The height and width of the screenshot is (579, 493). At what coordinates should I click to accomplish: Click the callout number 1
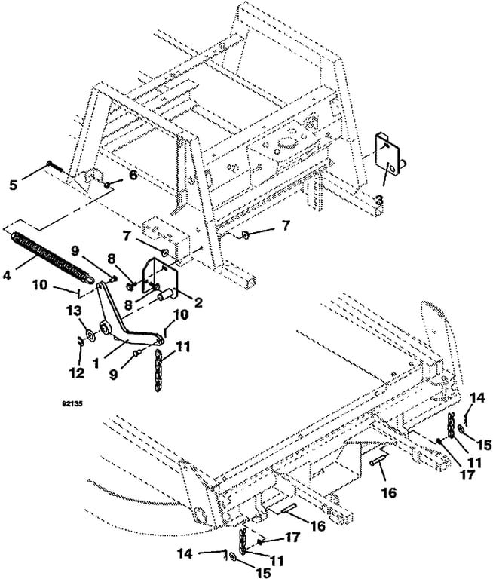pyautogui.click(x=96, y=363)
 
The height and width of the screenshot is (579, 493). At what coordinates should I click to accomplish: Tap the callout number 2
pyautogui.click(x=198, y=303)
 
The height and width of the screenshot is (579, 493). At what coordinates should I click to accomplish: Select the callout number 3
pyautogui.click(x=379, y=201)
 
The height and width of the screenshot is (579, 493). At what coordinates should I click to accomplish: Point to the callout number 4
pyautogui.click(x=7, y=275)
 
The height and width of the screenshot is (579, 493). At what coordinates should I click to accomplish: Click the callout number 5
pyautogui.click(x=14, y=185)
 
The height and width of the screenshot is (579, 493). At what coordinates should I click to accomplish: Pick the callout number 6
pyautogui.click(x=133, y=175)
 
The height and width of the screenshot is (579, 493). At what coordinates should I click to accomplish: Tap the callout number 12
pyautogui.click(x=77, y=373)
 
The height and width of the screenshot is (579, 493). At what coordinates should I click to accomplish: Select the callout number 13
pyautogui.click(x=74, y=311)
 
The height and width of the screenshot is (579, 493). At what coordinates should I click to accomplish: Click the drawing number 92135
pyautogui.click(x=72, y=403)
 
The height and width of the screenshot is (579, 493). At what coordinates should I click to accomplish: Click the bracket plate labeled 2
pyautogui.click(x=161, y=281)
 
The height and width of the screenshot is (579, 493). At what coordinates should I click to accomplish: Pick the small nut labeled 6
pyautogui.click(x=106, y=184)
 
